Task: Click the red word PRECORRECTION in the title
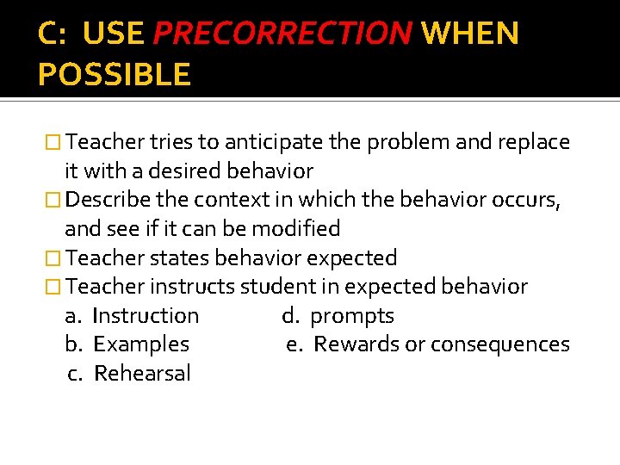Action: (282, 34)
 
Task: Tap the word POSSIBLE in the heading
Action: (114, 75)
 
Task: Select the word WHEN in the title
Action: (471, 34)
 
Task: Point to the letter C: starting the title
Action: (53, 34)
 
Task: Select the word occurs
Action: (530, 200)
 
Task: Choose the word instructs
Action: (194, 286)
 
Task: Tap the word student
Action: (276, 286)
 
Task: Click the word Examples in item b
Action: (141, 344)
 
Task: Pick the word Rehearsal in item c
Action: (142, 374)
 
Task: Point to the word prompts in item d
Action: (351, 316)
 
